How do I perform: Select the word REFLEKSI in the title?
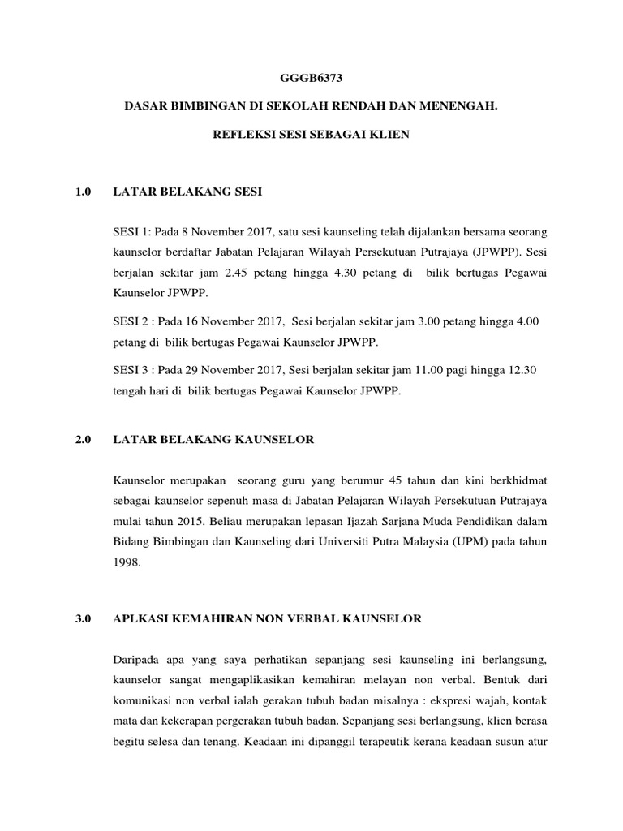coord(237,135)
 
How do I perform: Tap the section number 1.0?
coord(84,192)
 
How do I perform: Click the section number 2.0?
coord(84,440)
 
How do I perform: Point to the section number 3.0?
coord(84,618)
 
